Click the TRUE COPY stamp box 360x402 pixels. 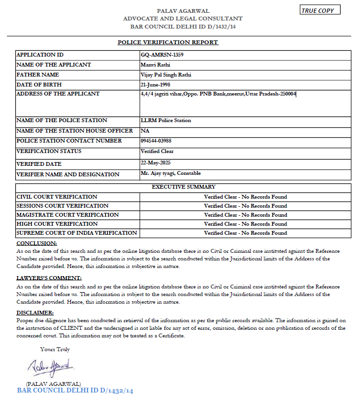321,10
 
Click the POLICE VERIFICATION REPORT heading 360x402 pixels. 168,42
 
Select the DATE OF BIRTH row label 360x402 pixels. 39,85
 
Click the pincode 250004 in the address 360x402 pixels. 287,94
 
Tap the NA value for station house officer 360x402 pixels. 145,130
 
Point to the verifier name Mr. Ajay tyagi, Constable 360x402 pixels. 171,173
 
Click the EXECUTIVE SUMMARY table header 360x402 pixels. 184,187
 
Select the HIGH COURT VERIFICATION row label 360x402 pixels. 50,224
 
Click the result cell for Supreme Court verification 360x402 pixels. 245,233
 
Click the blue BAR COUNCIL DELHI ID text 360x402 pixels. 75,391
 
